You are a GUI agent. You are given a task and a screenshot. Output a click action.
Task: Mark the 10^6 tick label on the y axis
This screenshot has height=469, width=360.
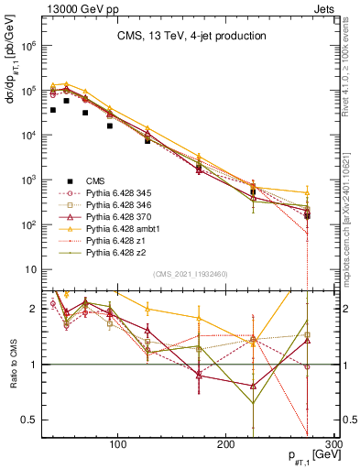(27, 45)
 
